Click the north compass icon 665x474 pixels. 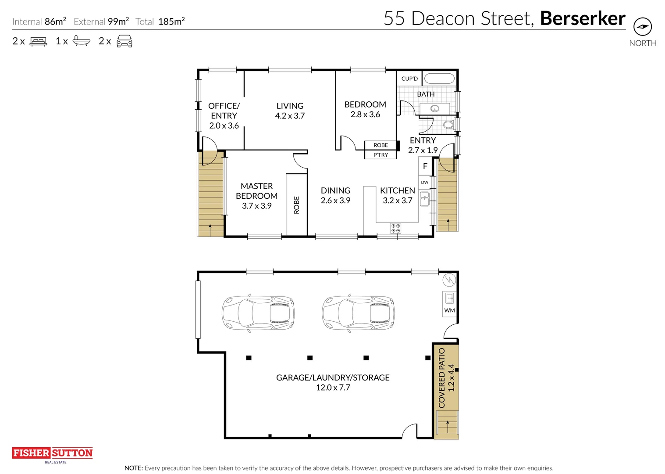[642, 27]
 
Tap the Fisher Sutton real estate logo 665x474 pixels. [52, 454]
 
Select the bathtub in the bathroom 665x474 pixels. [439, 79]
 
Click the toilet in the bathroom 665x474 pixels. [448, 125]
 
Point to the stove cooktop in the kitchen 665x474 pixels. [395, 228]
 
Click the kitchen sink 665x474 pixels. [424, 199]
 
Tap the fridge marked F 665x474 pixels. [425, 166]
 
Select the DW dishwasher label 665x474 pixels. [424, 182]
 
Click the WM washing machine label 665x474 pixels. [449, 310]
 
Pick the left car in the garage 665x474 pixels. [258, 312]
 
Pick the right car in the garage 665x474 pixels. [358, 312]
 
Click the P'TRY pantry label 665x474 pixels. [381, 155]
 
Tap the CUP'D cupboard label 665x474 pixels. [409, 79]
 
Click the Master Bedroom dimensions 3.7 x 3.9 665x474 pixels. [256, 206]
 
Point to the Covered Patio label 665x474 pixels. [442, 378]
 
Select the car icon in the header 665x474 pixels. [124, 41]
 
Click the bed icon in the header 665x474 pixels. [38, 42]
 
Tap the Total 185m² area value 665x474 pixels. [171, 22]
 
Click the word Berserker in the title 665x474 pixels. [582, 18]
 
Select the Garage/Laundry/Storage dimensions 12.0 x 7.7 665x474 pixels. [333, 388]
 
